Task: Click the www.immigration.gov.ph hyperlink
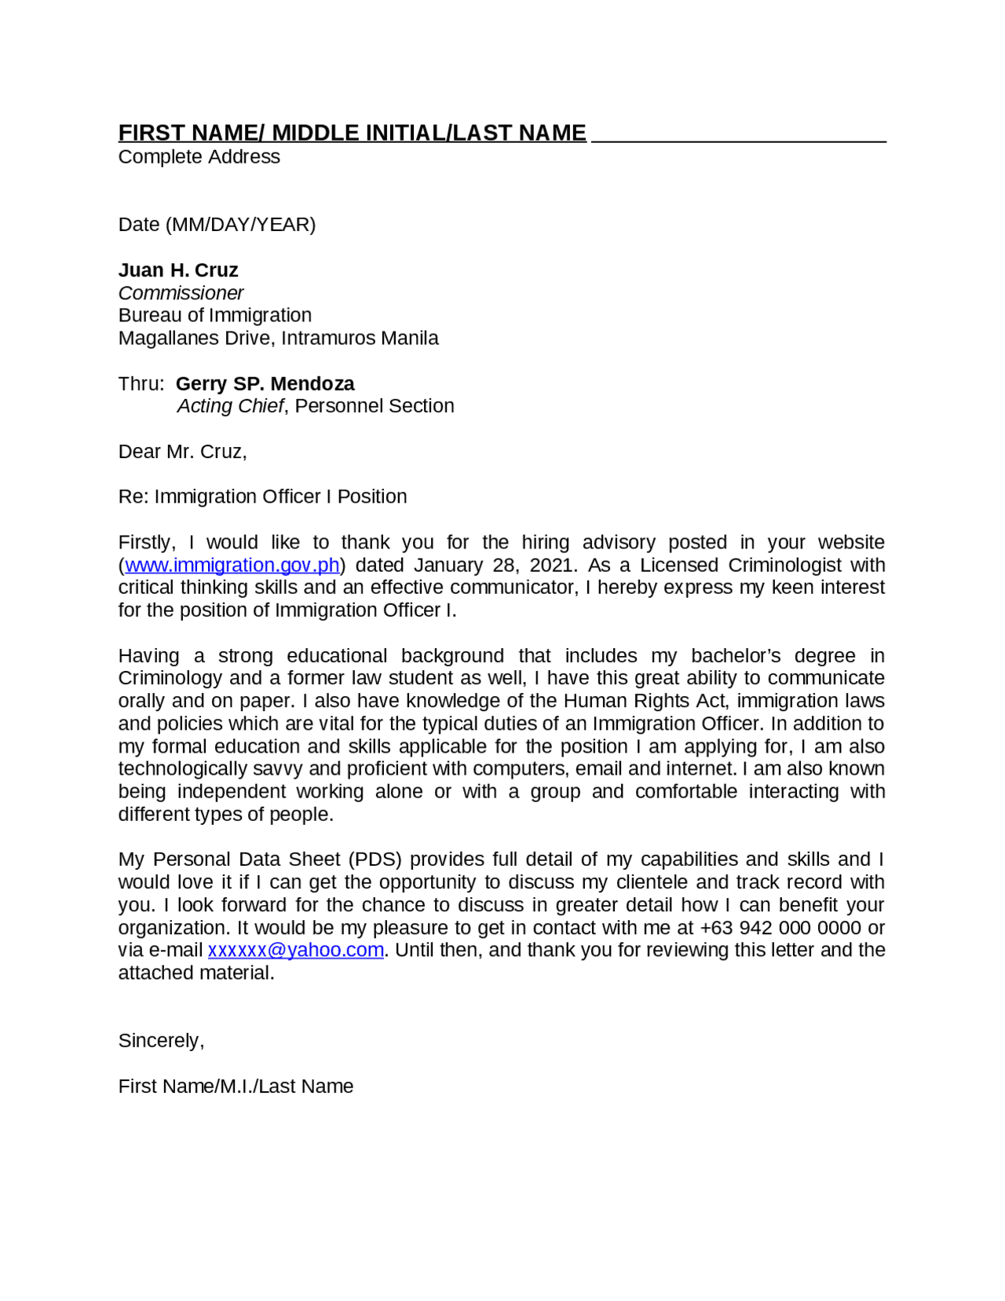(x=232, y=565)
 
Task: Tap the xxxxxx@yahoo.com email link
(x=295, y=950)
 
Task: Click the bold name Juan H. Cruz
(x=178, y=270)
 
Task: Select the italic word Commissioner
(x=181, y=293)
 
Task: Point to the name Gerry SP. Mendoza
(x=265, y=383)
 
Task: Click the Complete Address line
(x=199, y=156)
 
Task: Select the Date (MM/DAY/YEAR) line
(x=217, y=225)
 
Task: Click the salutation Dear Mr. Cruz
(x=182, y=452)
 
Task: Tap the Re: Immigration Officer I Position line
(x=262, y=497)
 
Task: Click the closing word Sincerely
(x=160, y=1040)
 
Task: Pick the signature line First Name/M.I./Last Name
(x=236, y=1086)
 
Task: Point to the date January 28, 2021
(x=495, y=565)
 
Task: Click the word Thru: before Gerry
(x=141, y=383)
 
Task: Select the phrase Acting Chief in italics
(x=230, y=406)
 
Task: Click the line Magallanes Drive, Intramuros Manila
(x=278, y=338)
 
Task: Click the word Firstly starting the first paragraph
(x=147, y=542)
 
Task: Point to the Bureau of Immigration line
(x=214, y=315)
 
